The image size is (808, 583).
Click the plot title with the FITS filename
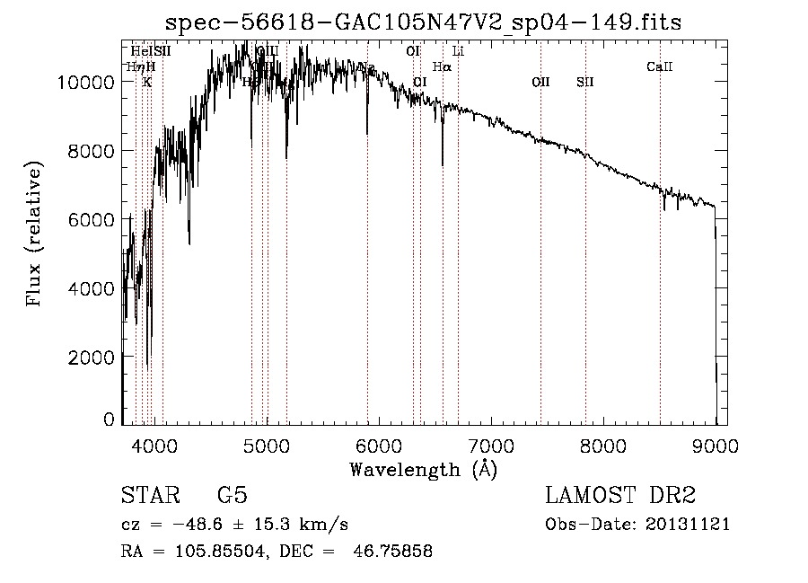point(424,22)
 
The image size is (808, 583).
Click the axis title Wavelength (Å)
point(423,469)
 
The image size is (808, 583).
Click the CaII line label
point(659,66)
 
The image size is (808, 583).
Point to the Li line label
point(458,51)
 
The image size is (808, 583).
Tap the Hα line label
point(442,66)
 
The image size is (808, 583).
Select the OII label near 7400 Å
point(540,82)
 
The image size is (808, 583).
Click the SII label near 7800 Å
point(585,82)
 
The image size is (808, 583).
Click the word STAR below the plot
point(151,496)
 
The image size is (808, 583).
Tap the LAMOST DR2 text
point(620,496)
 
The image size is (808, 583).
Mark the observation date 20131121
point(688,524)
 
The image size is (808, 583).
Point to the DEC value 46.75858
point(397,552)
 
